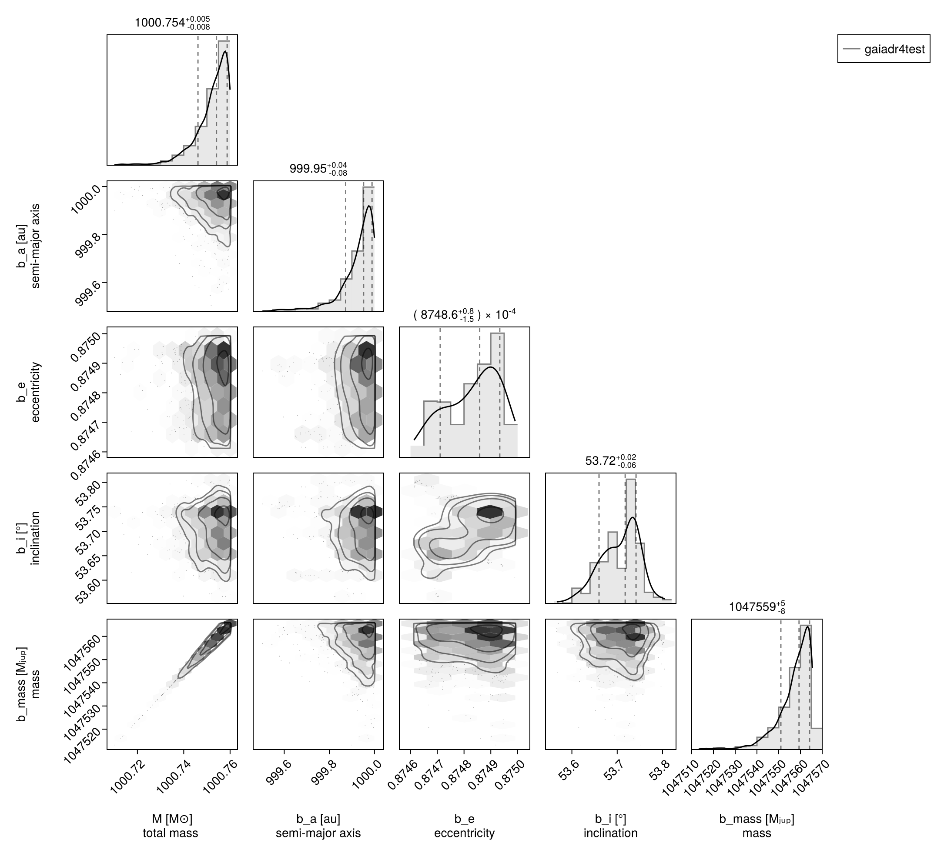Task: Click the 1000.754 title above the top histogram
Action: (x=172, y=23)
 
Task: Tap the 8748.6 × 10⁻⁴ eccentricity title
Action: (x=464, y=315)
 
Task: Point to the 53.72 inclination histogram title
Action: (x=611, y=461)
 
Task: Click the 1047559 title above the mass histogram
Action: (x=757, y=607)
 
